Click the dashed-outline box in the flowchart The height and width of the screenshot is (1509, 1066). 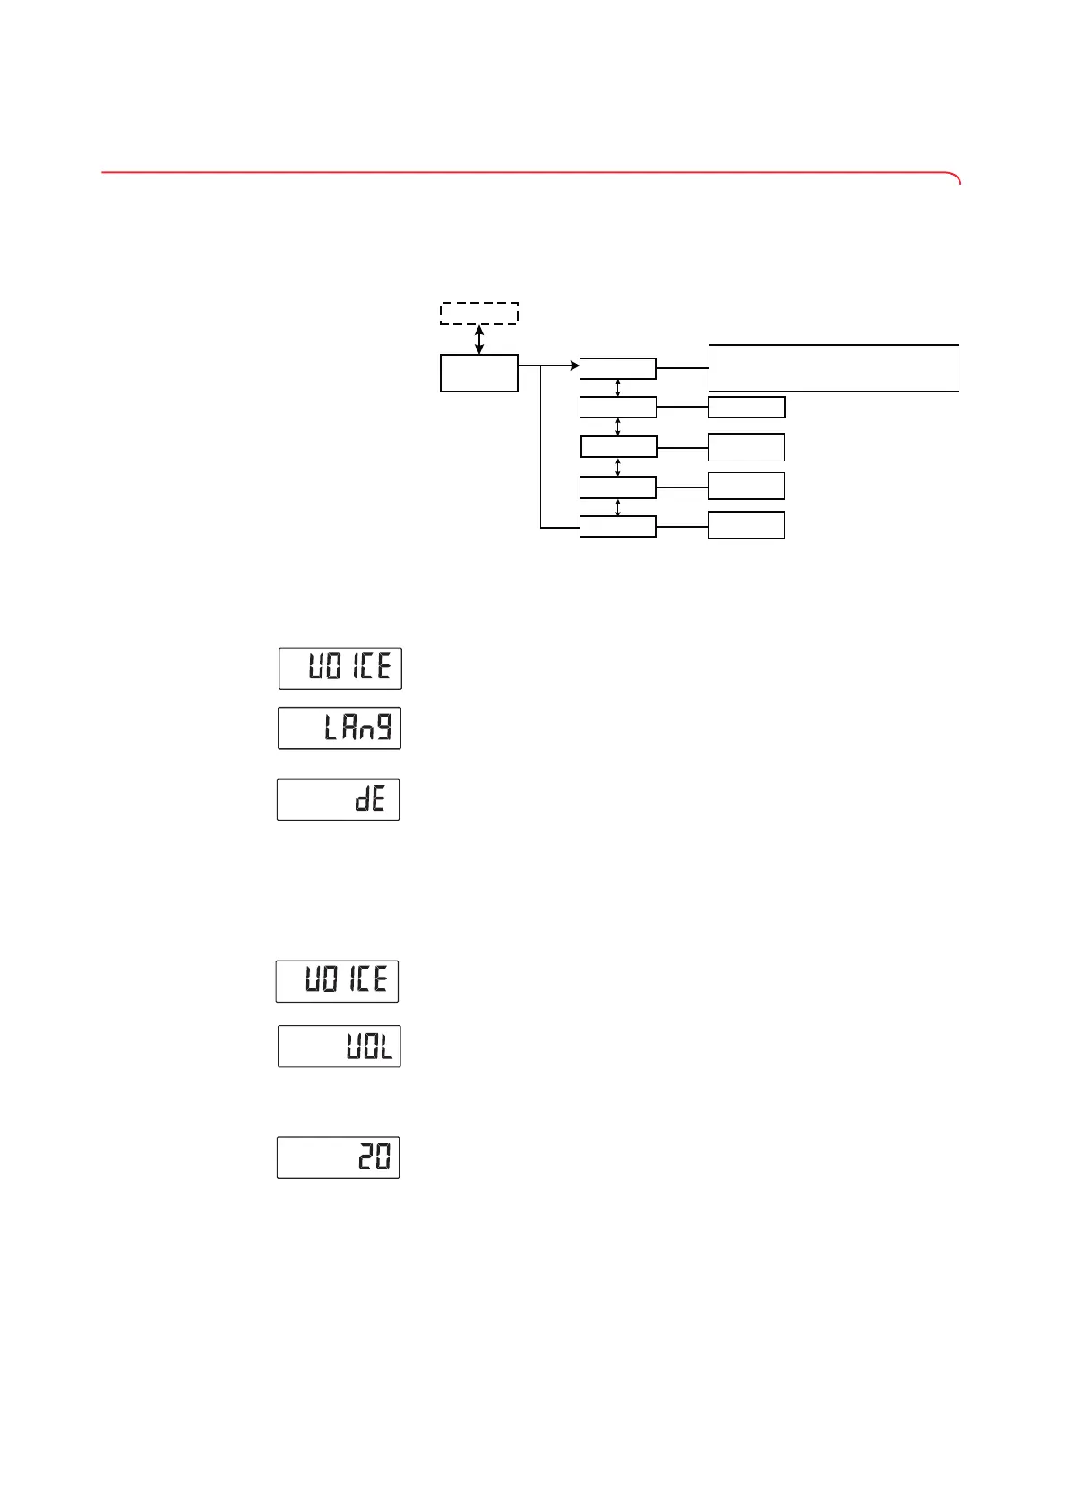(x=479, y=314)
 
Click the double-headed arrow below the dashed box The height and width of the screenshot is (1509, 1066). (x=479, y=340)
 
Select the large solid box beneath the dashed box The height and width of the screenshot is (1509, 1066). (x=479, y=373)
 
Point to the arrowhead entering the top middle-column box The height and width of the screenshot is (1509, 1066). (x=573, y=366)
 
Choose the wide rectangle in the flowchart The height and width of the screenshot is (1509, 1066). (x=833, y=367)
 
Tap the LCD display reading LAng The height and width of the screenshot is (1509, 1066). (x=340, y=729)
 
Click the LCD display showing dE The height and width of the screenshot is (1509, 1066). (x=338, y=799)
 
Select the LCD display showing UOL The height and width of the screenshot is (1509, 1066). (x=340, y=1047)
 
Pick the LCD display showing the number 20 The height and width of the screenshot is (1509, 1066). (x=338, y=1158)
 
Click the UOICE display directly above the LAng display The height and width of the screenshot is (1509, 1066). (x=340, y=668)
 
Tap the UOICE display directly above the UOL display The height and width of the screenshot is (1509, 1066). (x=337, y=981)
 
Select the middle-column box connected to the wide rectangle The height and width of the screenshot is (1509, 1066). (x=618, y=368)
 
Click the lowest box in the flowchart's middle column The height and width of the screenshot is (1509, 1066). (x=618, y=527)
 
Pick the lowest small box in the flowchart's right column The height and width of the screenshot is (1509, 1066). (x=746, y=525)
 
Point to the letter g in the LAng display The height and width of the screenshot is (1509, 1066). (x=383, y=728)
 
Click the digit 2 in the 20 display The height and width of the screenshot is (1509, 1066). (x=365, y=1159)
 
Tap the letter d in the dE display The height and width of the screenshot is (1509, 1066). (x=363, y=799)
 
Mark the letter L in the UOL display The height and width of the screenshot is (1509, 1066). (x=384, y=1048)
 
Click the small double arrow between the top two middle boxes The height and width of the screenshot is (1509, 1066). (x=618, y=388)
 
